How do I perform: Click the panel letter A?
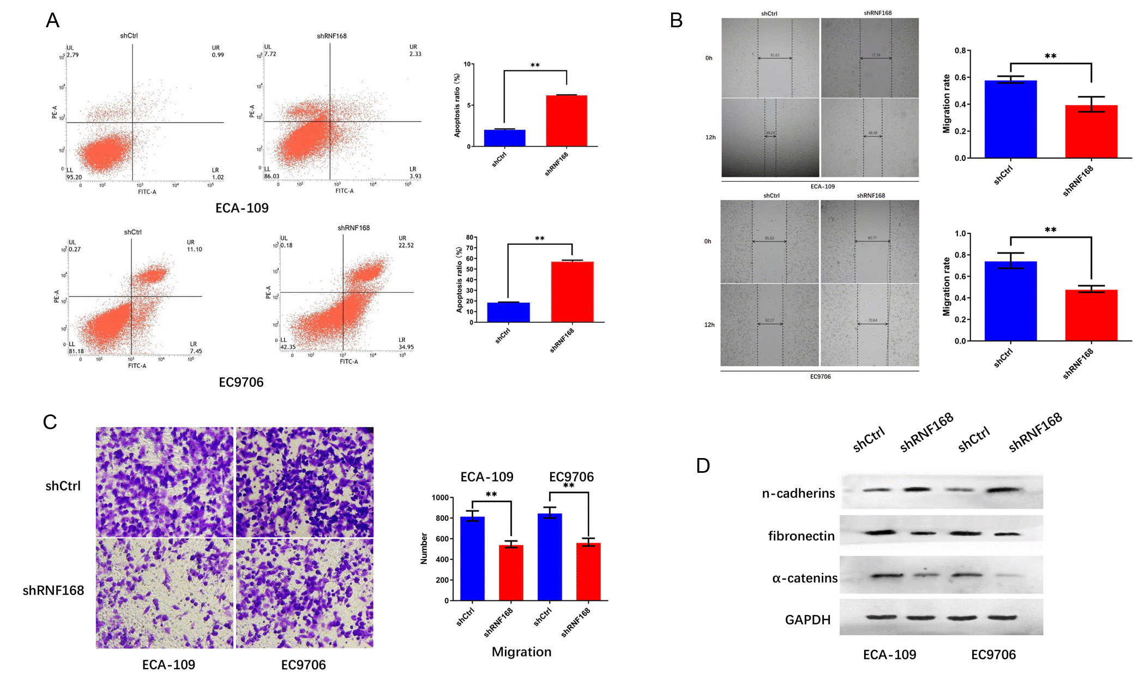click(x=52, y=20)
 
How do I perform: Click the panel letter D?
click(x=703, y=466)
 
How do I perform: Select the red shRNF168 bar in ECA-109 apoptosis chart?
click(x=567, y=121)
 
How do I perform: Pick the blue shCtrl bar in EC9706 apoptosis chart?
click(x=508, y=312)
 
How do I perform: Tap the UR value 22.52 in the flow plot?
click(x=406, y=245)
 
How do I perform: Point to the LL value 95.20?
click(x=74, y=177)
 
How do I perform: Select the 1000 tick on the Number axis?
click(x=439, y=498)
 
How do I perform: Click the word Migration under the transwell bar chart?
click(x=521, y=652)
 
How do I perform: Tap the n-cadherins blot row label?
click(x=798, y=494)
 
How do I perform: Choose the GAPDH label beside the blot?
click(x=807, y=619)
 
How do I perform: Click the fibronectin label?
click(x=801, y=536)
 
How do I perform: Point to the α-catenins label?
click(x=805, y=578)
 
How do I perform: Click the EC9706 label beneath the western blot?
click(x=993, y=654)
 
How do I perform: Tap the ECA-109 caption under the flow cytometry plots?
click(x=242, y=208)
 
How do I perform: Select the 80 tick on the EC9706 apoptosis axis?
click(x=469, y=238)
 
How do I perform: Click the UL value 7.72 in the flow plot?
click(x=270, y=54)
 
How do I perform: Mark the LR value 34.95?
click(x=406, y=347)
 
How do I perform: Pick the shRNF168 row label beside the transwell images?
click(x=53, y=590)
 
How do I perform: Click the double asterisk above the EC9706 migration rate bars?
click(x=1050, y=230)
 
